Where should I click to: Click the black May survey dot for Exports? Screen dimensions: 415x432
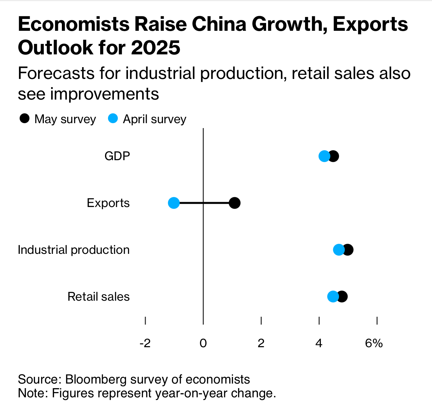pos(235,203)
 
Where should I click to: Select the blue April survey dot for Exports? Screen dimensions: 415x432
pos(174,203)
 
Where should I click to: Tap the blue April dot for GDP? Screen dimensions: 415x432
pos(324,156)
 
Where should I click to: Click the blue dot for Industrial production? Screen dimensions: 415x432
pos(338,250)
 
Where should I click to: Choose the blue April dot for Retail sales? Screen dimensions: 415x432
pos(333,297)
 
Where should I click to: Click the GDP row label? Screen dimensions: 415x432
pos(117,156)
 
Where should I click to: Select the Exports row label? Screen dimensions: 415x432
pos(108,203)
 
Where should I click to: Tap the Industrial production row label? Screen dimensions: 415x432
pos(74,250)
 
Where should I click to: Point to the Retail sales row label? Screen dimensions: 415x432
pos(99,297)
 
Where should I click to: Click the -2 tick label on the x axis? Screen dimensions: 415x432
pos(145,343)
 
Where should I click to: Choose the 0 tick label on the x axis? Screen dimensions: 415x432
pos(203,343)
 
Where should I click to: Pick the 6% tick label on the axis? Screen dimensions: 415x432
pos(374,343)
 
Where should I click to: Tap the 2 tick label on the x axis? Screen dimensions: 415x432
pos(261,343)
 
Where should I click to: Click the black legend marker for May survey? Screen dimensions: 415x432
pos(25,119)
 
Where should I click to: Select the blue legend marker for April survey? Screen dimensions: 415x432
pos(113,119)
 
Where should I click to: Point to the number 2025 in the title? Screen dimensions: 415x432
pos(155,47)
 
